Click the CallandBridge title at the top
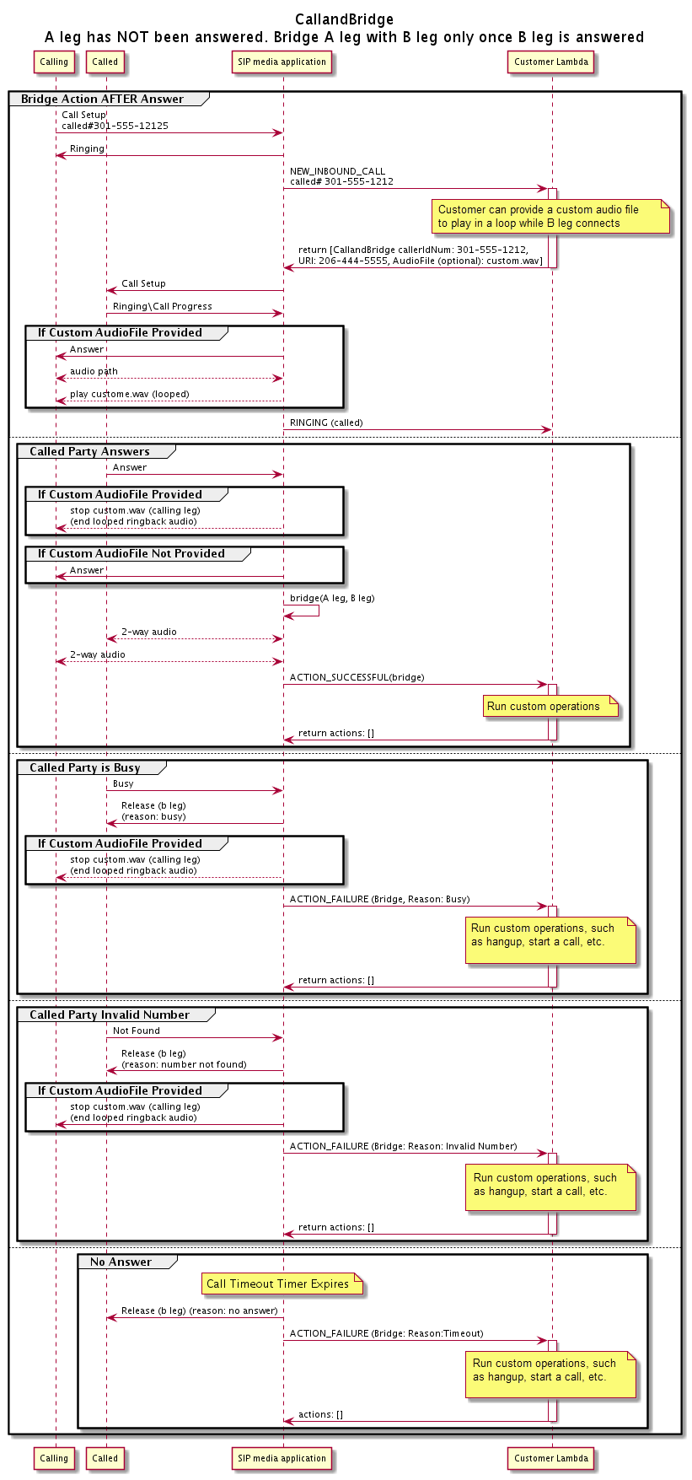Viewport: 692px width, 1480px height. [344, 19]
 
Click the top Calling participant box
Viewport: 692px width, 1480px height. [54, 62]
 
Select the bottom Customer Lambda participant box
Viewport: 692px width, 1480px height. [551, 1458]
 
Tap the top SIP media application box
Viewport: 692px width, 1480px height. [282, 62]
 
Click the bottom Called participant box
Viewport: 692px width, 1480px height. [105, 1458]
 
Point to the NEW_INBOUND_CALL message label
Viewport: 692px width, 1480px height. [337, 171]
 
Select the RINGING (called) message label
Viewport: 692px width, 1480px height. [326, 422]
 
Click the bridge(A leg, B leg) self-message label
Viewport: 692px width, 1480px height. [332, 598]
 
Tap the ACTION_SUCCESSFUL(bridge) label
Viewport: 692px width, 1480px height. [357, 677]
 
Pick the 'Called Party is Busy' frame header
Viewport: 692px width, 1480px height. [85, 767]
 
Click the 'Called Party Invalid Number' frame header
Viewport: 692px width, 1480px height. [110, 1014]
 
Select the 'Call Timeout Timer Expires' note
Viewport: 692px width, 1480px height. [279, 1284]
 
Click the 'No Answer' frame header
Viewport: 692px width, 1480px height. [121, 1262]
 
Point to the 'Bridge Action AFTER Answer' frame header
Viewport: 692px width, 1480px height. [102, 99]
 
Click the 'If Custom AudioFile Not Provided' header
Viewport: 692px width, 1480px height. [131, 553]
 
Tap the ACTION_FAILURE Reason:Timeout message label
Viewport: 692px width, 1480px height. [386, 1333]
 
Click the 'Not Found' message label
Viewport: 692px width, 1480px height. [136, 1031]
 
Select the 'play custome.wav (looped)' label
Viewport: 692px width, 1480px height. [129, 394]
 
